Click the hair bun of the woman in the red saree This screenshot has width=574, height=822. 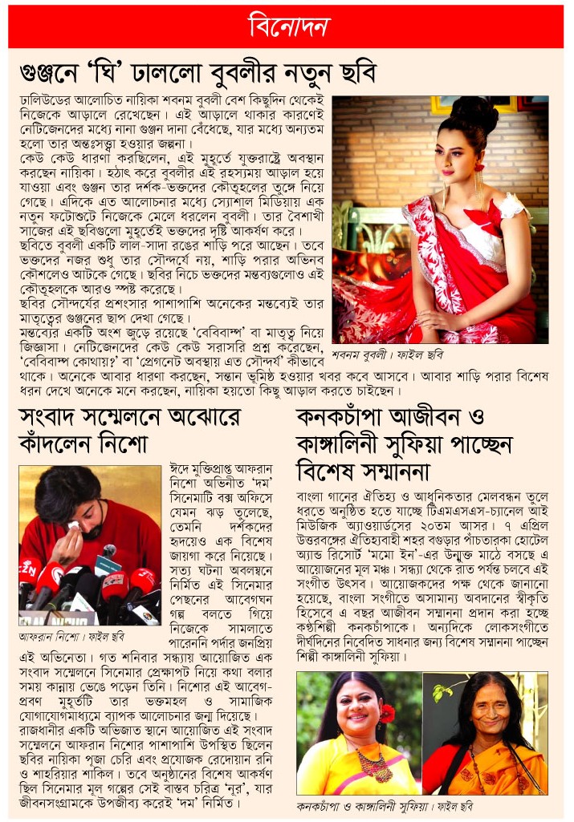473,112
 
